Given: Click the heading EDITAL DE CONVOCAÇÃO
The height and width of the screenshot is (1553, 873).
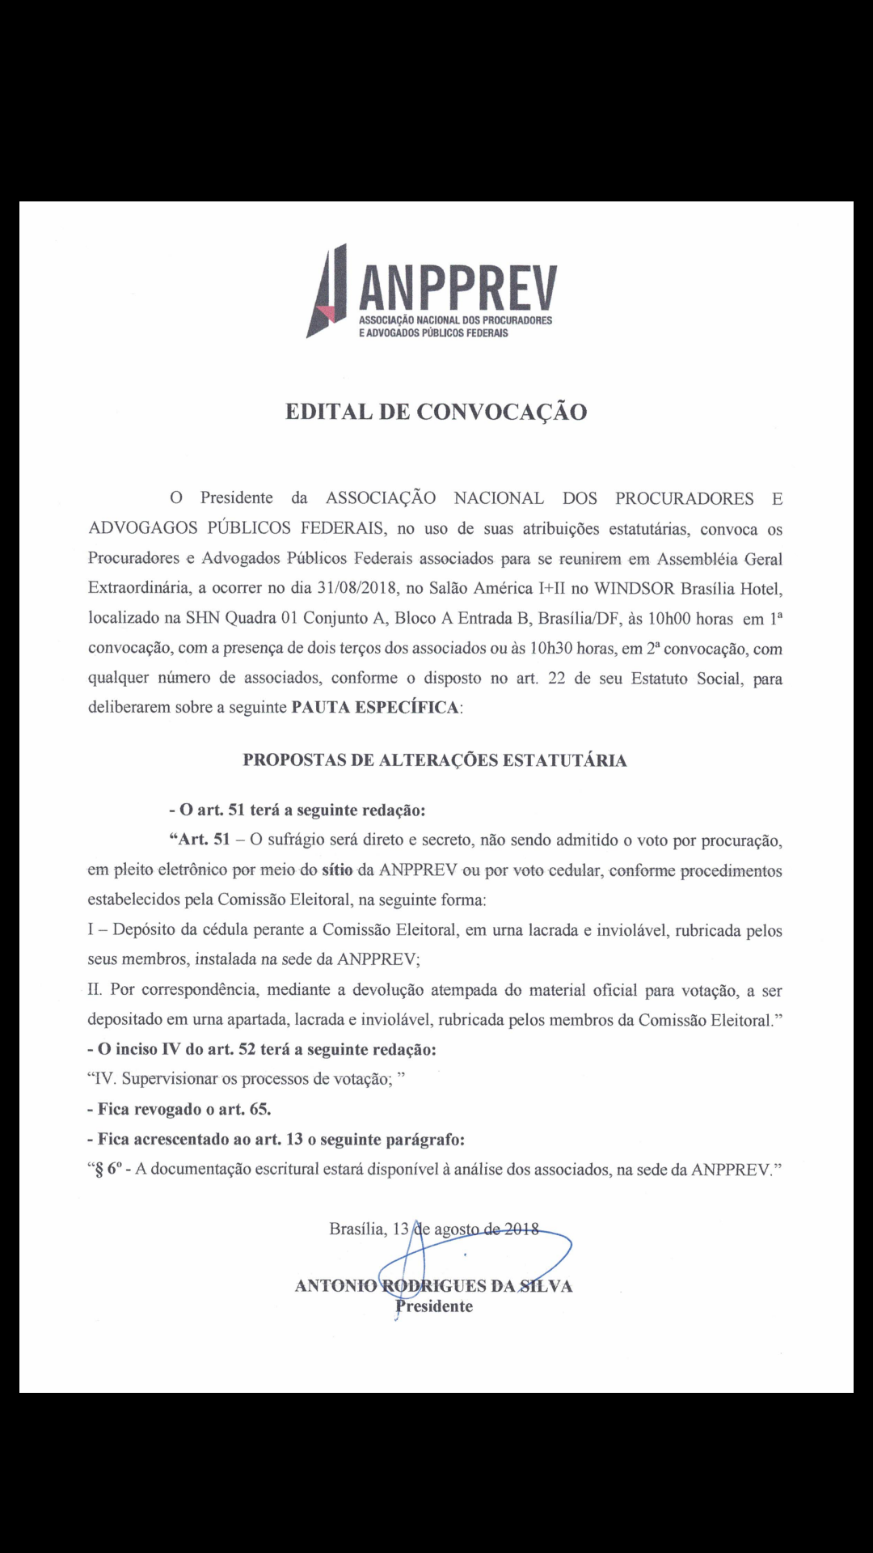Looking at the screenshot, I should (436, 412).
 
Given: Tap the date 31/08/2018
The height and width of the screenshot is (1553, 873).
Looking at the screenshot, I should (352, 588).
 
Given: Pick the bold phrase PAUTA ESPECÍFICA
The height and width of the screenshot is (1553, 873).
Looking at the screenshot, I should (374, 708).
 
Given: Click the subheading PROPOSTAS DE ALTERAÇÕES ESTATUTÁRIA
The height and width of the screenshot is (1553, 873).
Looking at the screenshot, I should (435, 760).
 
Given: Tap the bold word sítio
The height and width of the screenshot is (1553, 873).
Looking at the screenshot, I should (337, 870).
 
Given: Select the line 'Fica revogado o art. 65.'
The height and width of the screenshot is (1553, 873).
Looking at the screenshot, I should (179, 1109).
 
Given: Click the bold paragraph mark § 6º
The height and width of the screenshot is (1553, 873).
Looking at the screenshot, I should (111, 1170).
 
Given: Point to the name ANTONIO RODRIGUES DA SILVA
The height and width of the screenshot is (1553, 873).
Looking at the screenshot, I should (434, 1286).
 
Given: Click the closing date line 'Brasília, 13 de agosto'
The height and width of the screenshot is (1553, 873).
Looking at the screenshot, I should (434, 1229).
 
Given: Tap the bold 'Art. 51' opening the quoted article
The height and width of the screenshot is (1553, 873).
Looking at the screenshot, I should (200, 840).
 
